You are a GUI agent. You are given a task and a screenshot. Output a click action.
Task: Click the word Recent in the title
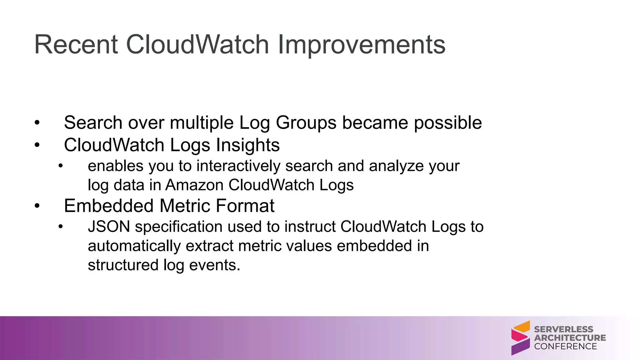click(76, 45)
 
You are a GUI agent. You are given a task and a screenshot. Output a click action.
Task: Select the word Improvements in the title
click(361, 45)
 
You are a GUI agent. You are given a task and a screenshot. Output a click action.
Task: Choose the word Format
click(245, 206)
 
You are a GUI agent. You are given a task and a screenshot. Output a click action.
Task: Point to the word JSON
click(109, 227)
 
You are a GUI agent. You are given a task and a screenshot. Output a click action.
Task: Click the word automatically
click(134, 246)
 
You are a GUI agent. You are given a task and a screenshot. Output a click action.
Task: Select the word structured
click(123, 265)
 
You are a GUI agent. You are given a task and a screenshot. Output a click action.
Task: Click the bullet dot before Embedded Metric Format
click(37, 206)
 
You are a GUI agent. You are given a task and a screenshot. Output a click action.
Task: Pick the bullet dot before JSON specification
click(61, 227)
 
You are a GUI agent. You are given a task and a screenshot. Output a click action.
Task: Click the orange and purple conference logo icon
click(520, 338)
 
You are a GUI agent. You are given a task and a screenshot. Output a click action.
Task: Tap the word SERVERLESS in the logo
click(563, 329)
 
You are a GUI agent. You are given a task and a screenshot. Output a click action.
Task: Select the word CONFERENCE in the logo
click(565, 347)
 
